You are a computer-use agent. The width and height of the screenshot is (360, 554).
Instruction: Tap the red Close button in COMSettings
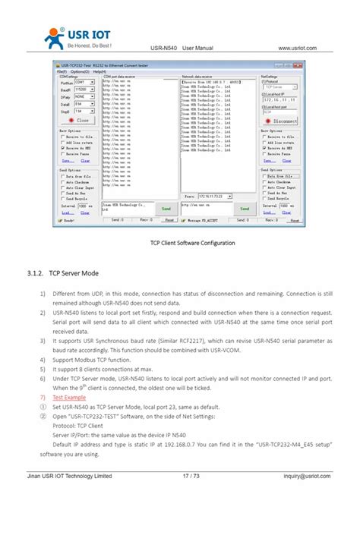(79, 120)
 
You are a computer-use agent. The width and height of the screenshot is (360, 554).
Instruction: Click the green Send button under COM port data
(166, 209)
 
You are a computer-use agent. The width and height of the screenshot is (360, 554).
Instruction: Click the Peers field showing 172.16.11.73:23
(226, 196)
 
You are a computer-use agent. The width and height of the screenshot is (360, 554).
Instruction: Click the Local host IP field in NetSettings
(279, 99)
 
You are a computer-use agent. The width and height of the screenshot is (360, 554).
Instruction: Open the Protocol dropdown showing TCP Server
(279, 87)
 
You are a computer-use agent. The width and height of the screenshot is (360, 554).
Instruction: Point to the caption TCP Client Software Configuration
(192, 243)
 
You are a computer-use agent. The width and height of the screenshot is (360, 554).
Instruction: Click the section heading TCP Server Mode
(74, 272)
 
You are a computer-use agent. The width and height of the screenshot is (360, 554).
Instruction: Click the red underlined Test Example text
(69, 397)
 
